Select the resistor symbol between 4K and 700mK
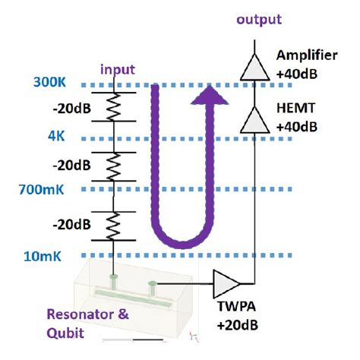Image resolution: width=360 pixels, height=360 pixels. (112, 163)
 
